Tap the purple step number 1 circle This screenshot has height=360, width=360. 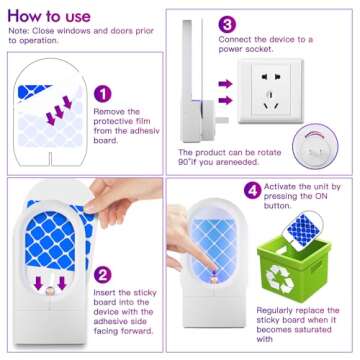pos(100,93)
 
